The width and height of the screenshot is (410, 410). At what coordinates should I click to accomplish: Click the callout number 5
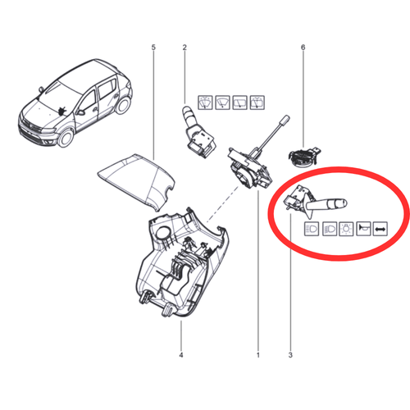click(153, 48)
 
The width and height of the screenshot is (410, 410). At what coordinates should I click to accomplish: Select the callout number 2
click(184, 48)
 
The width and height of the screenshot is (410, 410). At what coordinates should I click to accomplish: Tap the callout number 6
click(303, 48)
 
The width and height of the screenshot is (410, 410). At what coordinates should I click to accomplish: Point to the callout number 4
click(181, 355)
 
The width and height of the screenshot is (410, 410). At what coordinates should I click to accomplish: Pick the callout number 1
click(257, 355)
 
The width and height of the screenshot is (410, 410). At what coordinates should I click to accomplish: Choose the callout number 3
click(290, 355)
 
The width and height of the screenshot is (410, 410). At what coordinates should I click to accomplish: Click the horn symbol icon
click(363, 229)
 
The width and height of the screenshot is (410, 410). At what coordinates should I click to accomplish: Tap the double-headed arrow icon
click(380, 229)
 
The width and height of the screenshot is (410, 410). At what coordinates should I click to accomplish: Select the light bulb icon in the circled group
click(346, 229)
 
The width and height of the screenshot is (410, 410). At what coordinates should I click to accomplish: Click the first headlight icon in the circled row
click(312, 229)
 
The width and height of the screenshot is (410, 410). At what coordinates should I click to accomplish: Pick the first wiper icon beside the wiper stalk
click(205, 102)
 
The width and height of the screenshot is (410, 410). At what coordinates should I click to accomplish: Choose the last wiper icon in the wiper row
click(257, 102)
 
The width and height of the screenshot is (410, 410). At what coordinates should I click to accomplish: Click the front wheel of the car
click(65, 138)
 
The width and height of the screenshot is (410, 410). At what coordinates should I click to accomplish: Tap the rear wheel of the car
click(123, 105)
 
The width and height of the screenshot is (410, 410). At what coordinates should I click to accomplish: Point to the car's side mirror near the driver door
click(80, 112)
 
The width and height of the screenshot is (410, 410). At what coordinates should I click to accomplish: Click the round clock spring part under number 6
click(303, 157)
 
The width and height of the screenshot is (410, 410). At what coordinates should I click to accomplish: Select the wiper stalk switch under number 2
click(198, 131)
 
